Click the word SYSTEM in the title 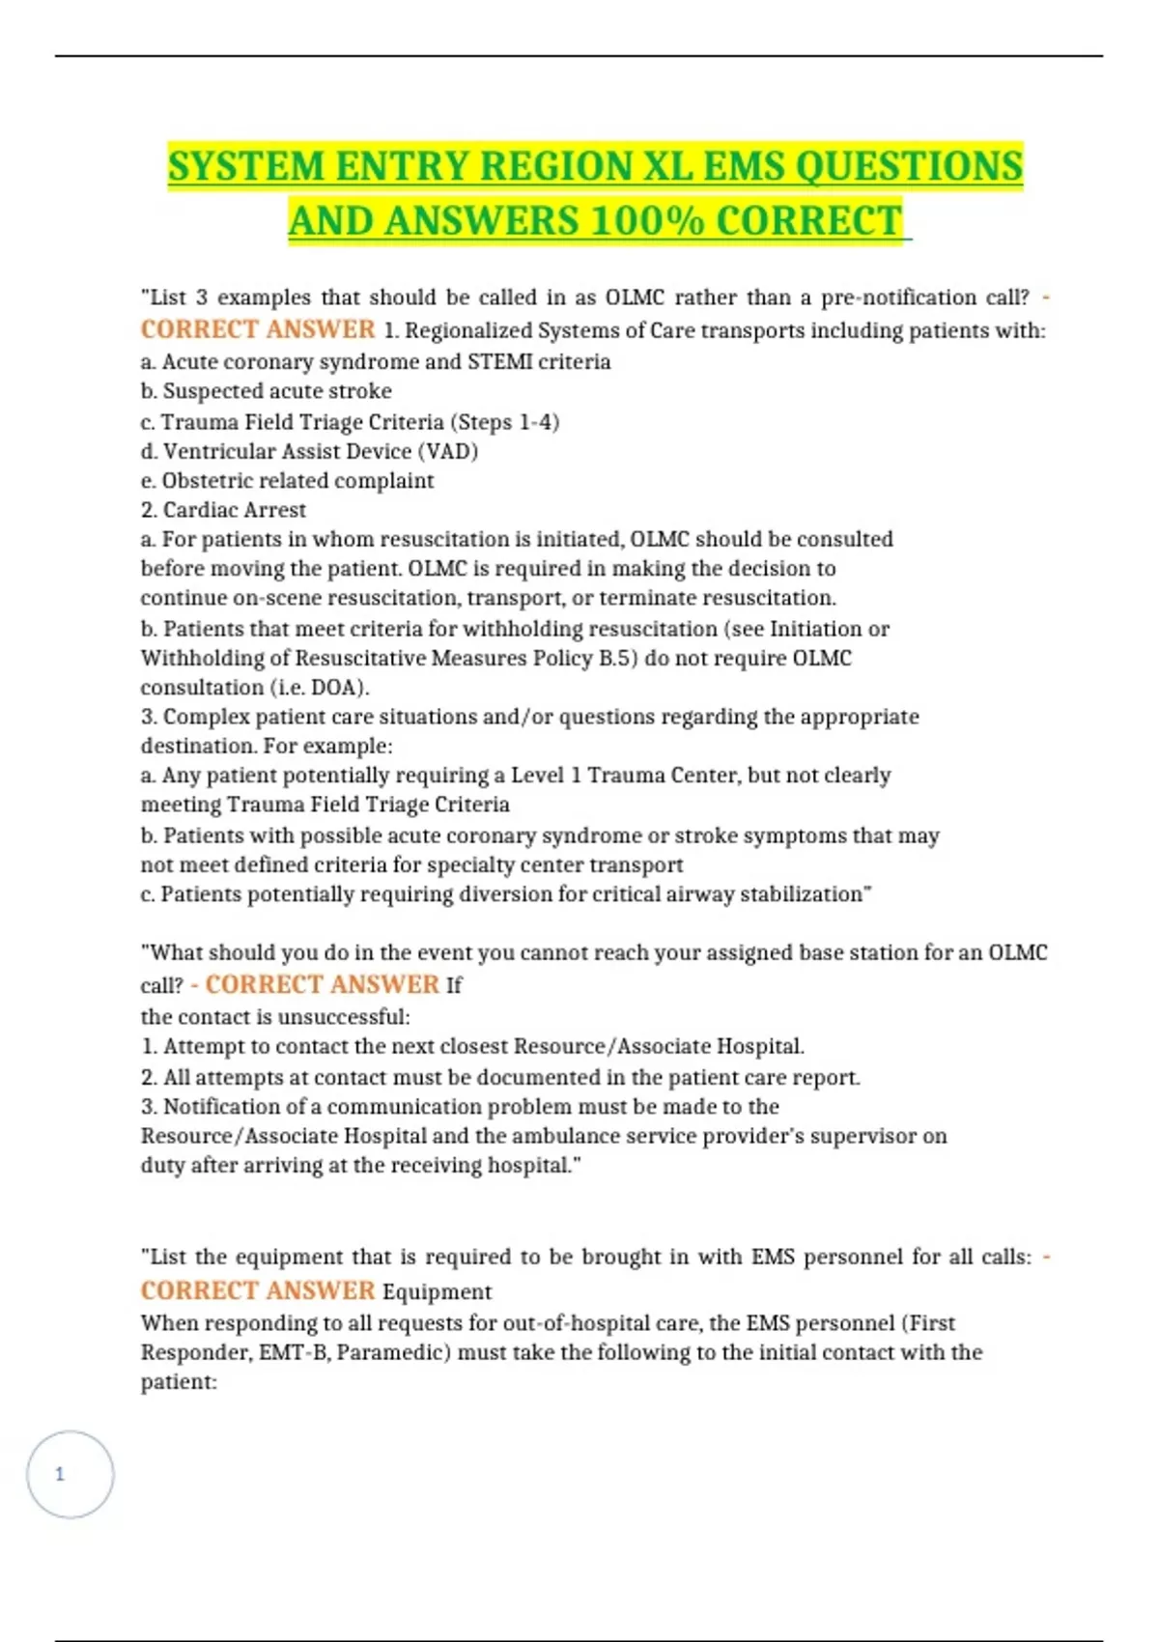click(x=246, y=166)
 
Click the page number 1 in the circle click(x=60, y=1474)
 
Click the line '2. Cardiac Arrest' click(x=223, y=510)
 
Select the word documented click(x=537, y=1078)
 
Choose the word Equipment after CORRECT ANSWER click(x=437, y=1292)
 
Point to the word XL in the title click(x=667, y=166)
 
